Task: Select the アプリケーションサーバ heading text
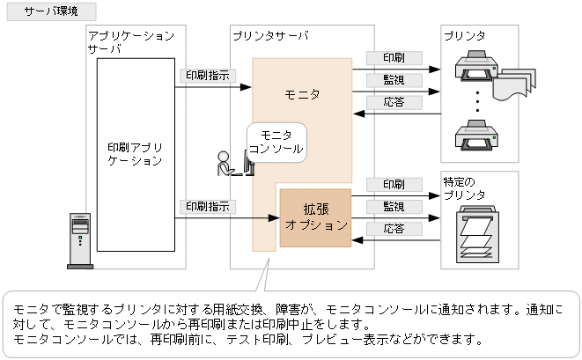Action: tap(130, 42)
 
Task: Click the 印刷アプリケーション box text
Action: tap(135, 153)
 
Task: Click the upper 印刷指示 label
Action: tap(207, 76)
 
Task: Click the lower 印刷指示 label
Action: tap(207, 206)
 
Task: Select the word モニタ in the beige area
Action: tap(303, 93)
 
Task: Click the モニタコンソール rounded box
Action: tap(276, 142)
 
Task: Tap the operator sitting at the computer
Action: tap(227, 164)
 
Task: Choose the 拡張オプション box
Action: tap(315, 217)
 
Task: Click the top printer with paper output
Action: tap(483, 70)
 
